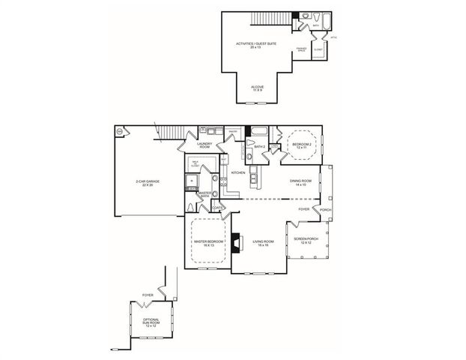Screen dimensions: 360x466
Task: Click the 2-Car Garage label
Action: (x=144, y=182)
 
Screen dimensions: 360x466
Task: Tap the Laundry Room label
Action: (x=205, y=145)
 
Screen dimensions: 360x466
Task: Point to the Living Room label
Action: (x=262, y=242)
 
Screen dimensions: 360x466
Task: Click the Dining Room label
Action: (x=300, y=182)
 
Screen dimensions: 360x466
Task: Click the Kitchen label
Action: (x=239, y=172)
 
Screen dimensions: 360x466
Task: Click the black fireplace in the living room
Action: (x=234, y=242)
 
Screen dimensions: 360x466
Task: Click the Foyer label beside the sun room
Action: (x=148, y=295)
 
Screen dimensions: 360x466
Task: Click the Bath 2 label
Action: (x=260, y=147)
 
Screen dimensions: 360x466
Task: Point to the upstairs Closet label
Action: (x=318, y=49)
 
